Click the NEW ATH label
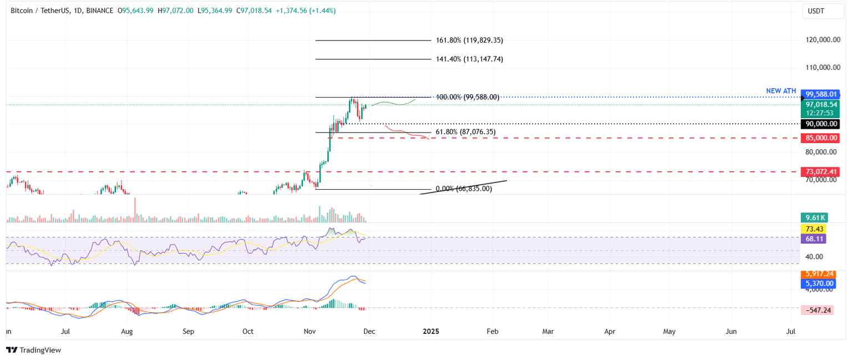tap(781, 91)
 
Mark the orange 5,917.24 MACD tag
tap(817, 274)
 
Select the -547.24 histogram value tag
tap(817, 310)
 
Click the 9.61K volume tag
tap(813, 218)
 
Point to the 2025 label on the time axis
tap(430, 332)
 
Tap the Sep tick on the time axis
tap(188, 332)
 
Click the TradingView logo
tap(33, 350)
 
